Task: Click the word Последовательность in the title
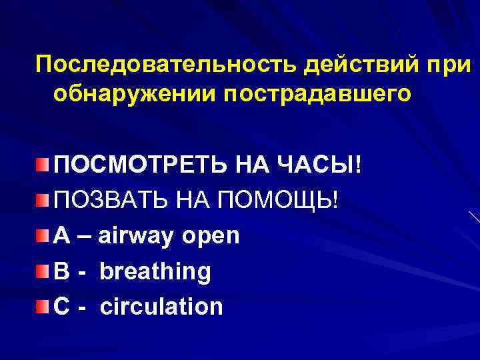coord(167,66)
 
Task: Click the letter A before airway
coord(61,235)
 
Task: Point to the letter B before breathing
coord(61,271)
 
